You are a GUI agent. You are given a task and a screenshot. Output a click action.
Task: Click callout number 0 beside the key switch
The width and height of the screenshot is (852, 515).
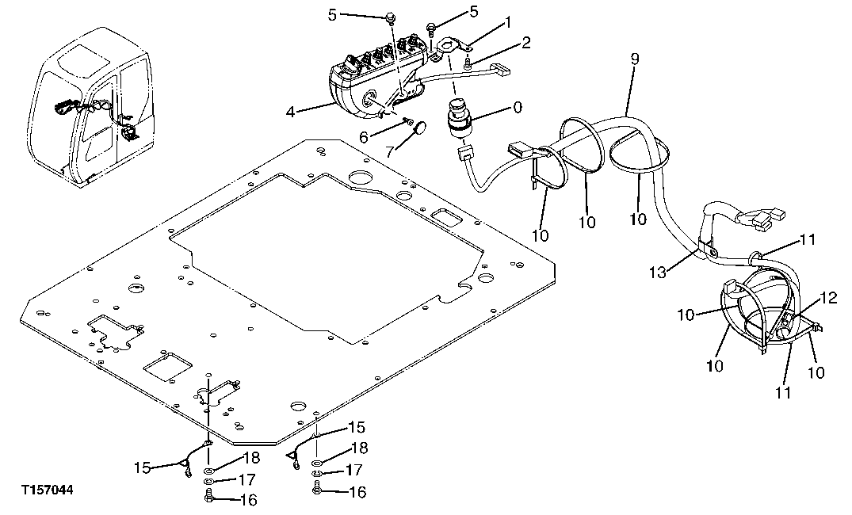[518, 107]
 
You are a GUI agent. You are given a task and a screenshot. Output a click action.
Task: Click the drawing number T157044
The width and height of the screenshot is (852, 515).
[48, 491]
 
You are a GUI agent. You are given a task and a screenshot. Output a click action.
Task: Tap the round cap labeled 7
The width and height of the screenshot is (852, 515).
[420, 127]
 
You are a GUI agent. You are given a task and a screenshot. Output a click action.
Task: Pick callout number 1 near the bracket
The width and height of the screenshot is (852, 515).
[509, 25]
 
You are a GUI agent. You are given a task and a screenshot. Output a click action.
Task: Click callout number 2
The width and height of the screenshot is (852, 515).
[525, 42]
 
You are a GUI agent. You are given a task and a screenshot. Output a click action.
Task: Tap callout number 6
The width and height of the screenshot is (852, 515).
[363, 137]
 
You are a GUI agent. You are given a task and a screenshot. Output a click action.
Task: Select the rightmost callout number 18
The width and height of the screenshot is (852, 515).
[360, 448]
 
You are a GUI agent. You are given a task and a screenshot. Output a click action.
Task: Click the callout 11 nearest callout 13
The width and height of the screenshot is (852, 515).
[806, 238]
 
